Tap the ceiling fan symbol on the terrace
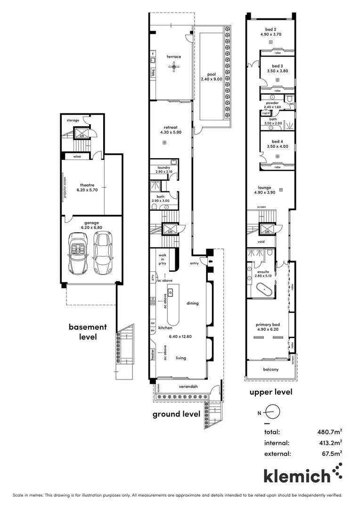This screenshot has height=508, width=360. pyautogui.click(x=174, y=67)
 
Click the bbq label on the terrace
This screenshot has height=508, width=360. pyautogui.click(x=153, y=72)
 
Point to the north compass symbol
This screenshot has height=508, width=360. pyautogui.click(x=273, y=413)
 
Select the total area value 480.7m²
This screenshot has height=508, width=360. pyautogui.click(x=329, y=432)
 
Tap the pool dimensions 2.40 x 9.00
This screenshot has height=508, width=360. pyautogui.click(x=211, y=79)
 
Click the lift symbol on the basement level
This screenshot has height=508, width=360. pyautogui.click(x=82, y=132)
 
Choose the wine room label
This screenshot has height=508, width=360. pyautogui.click(x=77, y=157)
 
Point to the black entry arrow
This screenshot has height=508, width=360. pyautogui.click(x=210, y=261)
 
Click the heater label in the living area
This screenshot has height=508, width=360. pyautogui.click(x=152, y=354)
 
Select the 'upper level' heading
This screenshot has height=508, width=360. pyautogui.click(x=271, y=392)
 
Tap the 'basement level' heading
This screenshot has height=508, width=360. pyautogui.click(x=88, y=332)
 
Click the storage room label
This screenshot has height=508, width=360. pyautogui.click(x=73, y=120)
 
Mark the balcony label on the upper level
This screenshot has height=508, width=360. pyautogui.click(x=271, y=369)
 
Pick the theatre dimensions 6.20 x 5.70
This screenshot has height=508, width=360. pyautogui.click(x=87, y=190)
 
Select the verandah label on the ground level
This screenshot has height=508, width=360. pyautogui.click(x=188, y=387)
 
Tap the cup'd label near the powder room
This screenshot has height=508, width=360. pyautogui.click(x=266, y=113)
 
